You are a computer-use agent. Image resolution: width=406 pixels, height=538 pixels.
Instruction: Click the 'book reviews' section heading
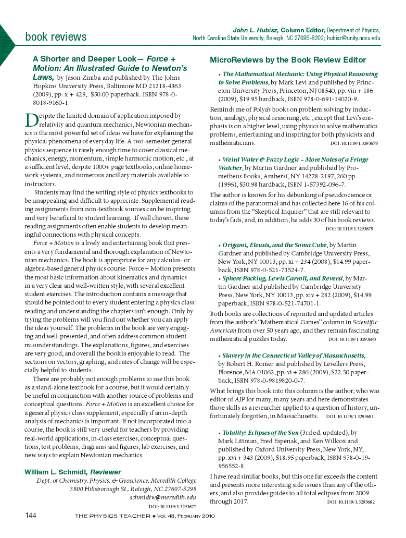(x=56, y=36)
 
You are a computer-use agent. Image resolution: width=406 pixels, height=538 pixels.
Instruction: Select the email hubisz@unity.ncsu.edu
(x=353, y=38)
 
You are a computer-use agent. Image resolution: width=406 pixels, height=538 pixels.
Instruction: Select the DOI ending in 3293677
(x=172, y=506)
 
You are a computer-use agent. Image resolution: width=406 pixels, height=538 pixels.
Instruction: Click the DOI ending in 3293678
(x=354, y=143)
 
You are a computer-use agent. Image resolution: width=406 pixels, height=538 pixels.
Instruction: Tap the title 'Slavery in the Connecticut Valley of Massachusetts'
(x=293, y=355)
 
